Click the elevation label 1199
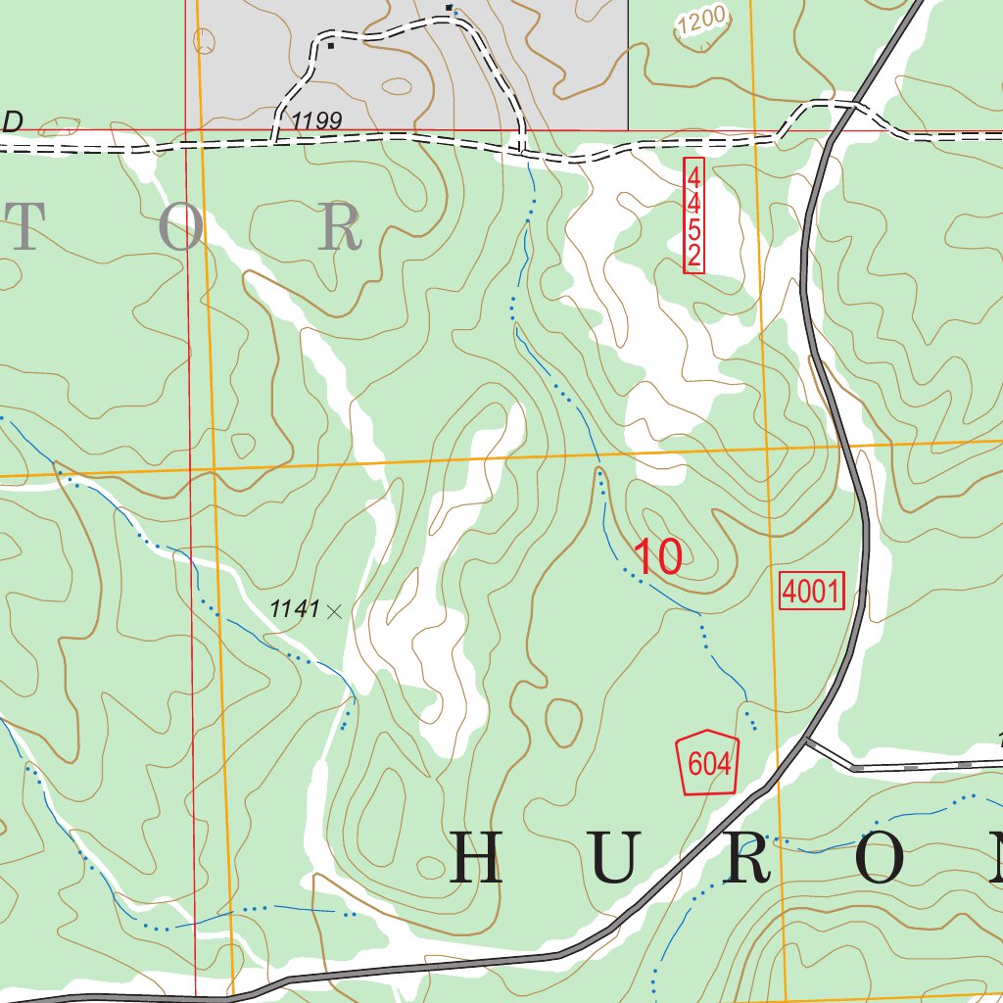[x=316, y=121]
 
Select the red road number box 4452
[x=693, y=215]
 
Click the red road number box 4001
[x=811, y=592]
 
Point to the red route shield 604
[x=706, y=763]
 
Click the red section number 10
[x=658, y=557]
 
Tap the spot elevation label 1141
[x=295, y=609]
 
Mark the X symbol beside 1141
[x=333, y=611]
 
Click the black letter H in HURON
[x=476, y=857]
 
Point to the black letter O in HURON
[x=884, y=857]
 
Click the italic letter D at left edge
[x=13, y=122]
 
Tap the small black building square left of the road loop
[x=331, y=45]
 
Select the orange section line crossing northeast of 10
[x=766, y=449]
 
